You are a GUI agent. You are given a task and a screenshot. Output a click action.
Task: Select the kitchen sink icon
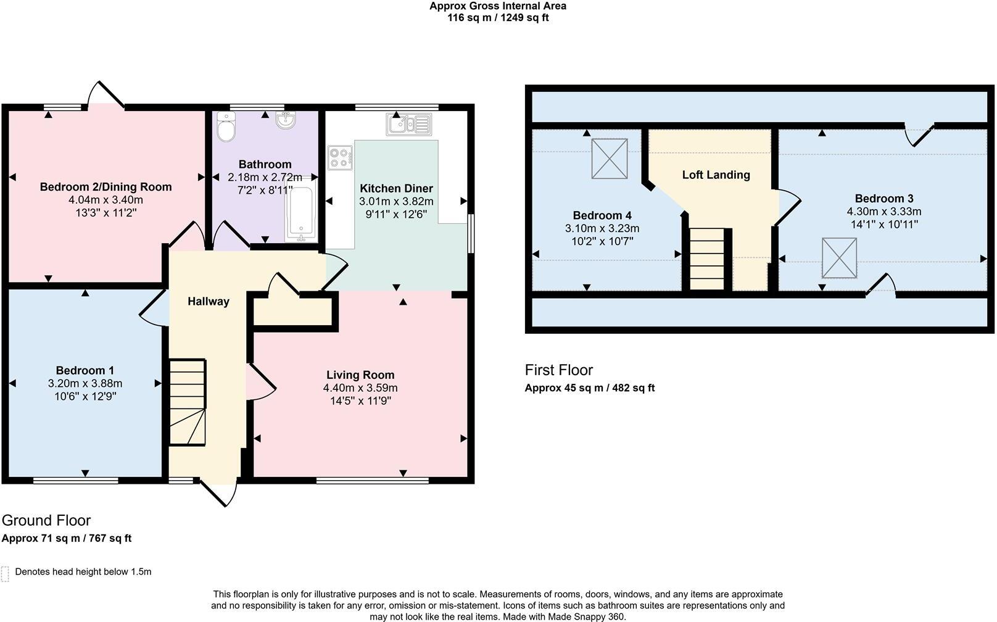pyautogui.click(x=408, y=124)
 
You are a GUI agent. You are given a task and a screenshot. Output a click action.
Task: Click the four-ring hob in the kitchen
pyautogui.click(x=340, y=157)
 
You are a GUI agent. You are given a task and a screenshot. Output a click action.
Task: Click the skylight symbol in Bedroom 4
pyautogui.click(x=610, y=159)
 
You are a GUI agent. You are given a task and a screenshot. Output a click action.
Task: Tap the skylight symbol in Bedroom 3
pyautogui.click(x=839, y=258)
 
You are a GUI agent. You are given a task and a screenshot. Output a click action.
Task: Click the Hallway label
pyautogui.click(x=209, y=301)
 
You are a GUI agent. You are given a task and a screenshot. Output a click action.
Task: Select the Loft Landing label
pyautogui.click(x=716, y=175)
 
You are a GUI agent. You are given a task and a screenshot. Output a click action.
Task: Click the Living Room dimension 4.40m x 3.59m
pyautogui.click(x=360, y=388)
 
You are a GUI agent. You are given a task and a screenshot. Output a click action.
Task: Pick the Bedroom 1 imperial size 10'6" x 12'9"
pyautogui.click(x=85, y=396)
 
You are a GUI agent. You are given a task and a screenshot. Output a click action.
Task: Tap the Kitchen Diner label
pyautogui.click(x=396, y=188)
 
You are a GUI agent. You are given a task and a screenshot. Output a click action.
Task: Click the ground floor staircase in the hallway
pyautogui.click(x=188, y=402)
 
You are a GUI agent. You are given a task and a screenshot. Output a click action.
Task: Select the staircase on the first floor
pyautogui.click(x=706, y=259)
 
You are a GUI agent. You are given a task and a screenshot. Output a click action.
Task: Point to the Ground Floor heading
pyautogui.click(x=46, y=520)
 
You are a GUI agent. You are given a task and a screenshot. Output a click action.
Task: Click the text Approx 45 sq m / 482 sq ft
pyautogui.click(x=589, y=388)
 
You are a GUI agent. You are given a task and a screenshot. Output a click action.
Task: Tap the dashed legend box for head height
pyautogui.click(x=5, y=573)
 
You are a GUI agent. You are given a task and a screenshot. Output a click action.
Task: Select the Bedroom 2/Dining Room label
pyautogui.click(x=105, y=186)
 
